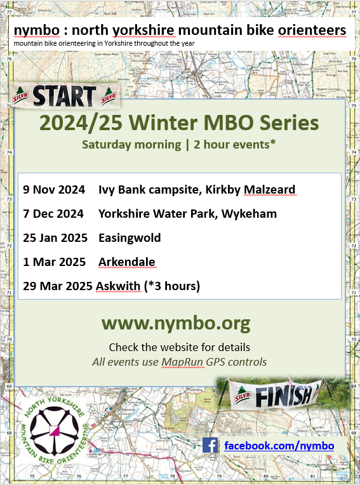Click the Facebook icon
click(210, 445)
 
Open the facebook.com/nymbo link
click(279, 446)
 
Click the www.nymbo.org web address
click(176, 324)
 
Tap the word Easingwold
click(130, 238)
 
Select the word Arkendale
click(127, 262)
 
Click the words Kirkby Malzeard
click(251, 190)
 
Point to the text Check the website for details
click(179, 347)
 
